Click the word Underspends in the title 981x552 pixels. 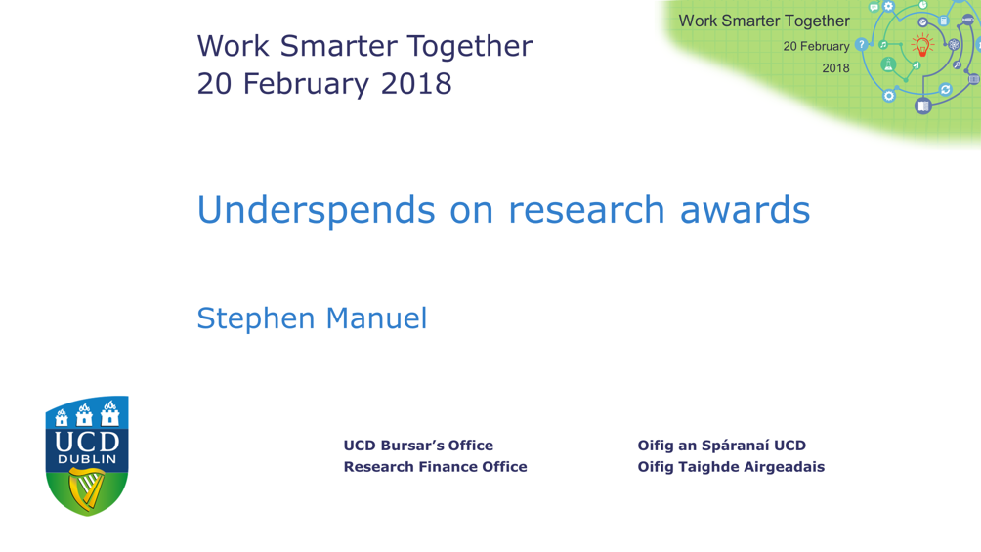(316, 210)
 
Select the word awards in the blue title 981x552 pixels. (746, 210)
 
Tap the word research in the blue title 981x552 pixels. (587, 210)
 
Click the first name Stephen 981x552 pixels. (255, 319)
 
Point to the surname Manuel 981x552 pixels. (376, 318)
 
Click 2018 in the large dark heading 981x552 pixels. (416, 84)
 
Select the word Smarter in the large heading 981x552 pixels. (338, 46)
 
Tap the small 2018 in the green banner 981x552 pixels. (835, 68)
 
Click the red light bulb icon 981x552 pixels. (922, 46)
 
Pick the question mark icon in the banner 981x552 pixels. (862, 44)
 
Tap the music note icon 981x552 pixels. (883, 44)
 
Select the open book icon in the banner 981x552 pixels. (922, 106)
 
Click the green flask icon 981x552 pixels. (888, 64)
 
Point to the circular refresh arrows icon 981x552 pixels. (946, 90)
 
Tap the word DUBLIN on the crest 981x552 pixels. (87, 459)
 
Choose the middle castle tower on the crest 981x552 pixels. (84, 414)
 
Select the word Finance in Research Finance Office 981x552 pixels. (451, 467)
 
